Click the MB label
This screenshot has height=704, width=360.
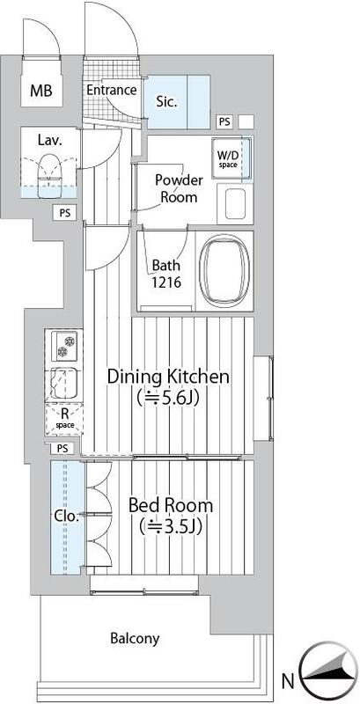(x=41, y=91)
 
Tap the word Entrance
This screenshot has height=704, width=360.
(x=111, y=90)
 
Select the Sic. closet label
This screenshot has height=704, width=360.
(x=166, y=101)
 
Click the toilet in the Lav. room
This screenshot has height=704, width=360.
(x=48, y=175)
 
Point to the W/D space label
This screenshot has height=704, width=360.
(x=228, y=159)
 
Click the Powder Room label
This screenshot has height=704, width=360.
(x=179, y=188)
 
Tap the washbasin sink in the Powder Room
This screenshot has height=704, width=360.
(x=235, y=204)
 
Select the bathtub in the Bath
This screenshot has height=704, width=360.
(x=224, y=270)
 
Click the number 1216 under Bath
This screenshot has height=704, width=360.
(x=165, y=282)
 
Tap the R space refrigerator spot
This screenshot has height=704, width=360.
(x=64, y=419)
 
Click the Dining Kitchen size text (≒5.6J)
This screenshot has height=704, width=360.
(x=168, y=398)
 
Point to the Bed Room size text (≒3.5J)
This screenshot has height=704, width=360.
(x=171, y=526)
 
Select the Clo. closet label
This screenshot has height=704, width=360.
(x=67, y=516)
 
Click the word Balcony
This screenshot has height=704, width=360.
(x=136, y=639)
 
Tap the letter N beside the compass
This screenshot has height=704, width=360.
(x=288, y=682)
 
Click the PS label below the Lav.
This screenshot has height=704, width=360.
(x=65, y=213)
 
